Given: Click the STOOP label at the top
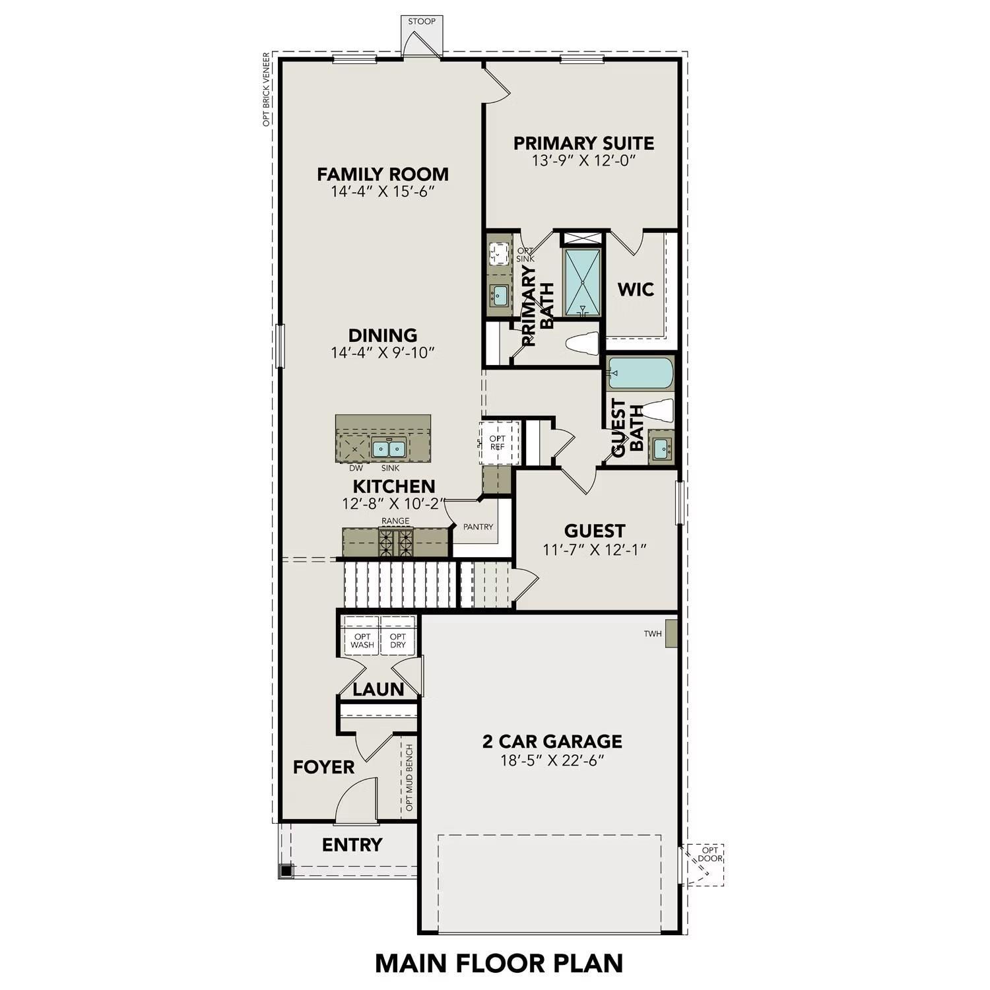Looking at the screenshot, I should tap(422, 21).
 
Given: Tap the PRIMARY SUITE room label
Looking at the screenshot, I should tap(583, 143).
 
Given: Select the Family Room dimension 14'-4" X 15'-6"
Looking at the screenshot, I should tap(383, 192).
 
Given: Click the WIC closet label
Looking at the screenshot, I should tap(636, 289).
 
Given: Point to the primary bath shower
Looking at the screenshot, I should tap(582, 282).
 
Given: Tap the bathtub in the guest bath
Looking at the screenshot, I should tap(640, 373).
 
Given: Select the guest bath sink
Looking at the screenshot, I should tap(661, 449).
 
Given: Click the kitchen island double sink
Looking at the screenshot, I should tap(387, 449).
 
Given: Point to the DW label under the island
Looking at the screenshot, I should tap(356, 468).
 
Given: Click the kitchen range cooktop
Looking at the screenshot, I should tap(395, 543).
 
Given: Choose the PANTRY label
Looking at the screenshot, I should tap(478, 527).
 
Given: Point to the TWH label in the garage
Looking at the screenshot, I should tap(652, 634).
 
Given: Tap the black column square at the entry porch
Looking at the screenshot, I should tap(286, 871).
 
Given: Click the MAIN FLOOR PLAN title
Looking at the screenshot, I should tap(499, 963).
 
